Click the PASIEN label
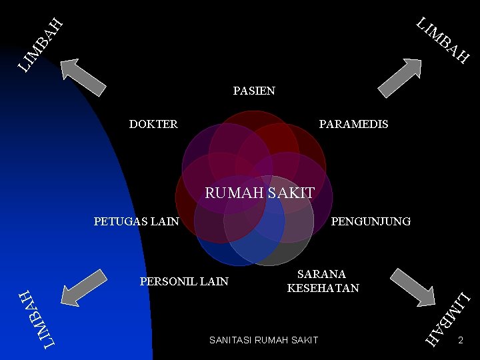point(254,91)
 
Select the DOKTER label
point(153,124)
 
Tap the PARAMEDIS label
point(353,124)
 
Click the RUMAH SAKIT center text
point(259,193)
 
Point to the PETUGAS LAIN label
point(136,221)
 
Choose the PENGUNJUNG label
point(371,221)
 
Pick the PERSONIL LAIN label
point(184,281)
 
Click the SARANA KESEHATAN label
point(323,281)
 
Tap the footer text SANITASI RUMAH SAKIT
point(263,341)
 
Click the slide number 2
point(460,341)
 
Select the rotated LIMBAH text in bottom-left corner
point(37,319)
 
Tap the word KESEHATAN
point(323,288)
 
